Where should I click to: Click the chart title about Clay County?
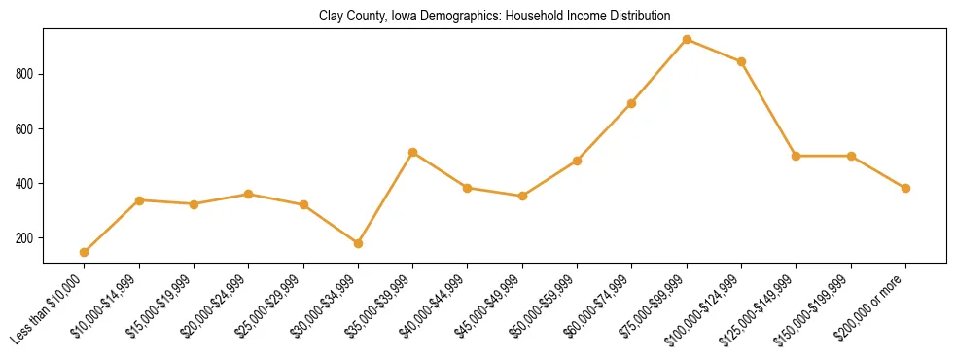pyautogui.click(x=494, y=17)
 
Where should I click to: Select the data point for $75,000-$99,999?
pyautogui.click(x=687, y=40)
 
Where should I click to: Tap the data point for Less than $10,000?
pyautogui.click(x=85, y=252)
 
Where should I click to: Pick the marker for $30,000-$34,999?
pyautogui.click(x=358, y=243)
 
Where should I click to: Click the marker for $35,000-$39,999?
pyautogui.click(x=413, y=152)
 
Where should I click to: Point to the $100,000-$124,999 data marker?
pyautogui.click(x=741, y=61)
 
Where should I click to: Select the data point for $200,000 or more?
pyautogui.click(x=905, y=188)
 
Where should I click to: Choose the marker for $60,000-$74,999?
pyautogui.click(x=632, y=103)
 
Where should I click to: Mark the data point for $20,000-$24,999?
pyautogui.click(x=249, y=194)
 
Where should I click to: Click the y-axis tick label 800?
pyautogui.click(x=25, y=74)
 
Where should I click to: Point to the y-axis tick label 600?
pyautogui.click(x=25, y=128)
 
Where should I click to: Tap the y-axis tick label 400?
pyautogui.click(x=25, y=183)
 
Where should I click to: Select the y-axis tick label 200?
pyautogui.click(x=25, y=237)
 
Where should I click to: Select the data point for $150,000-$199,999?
pyautogui.click(x=851, y=156)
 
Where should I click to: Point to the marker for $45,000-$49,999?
pyautogui.click(x=522, y=196)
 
